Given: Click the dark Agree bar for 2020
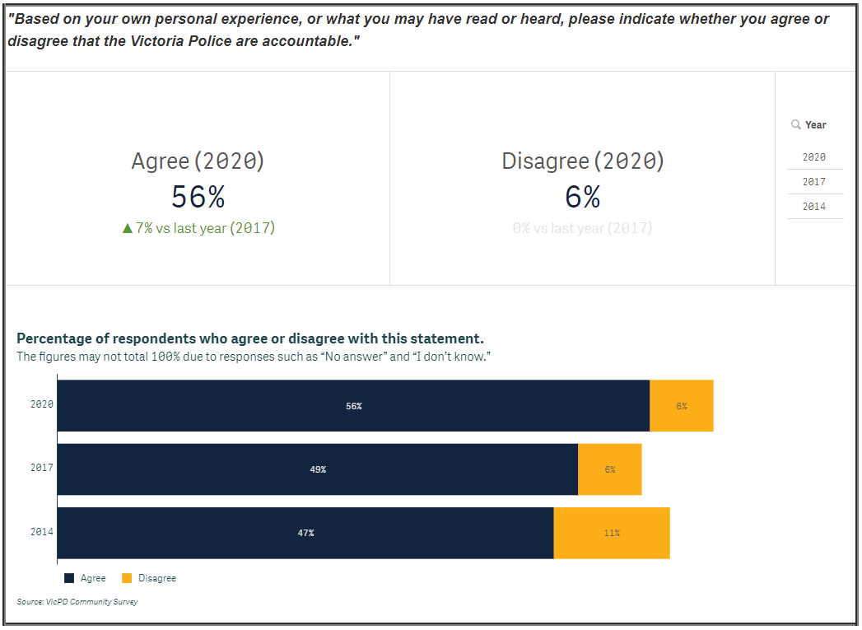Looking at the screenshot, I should [x=353, y=405].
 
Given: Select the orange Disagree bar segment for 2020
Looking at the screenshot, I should [x=681, y=405].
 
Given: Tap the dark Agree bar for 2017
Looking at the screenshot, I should [x=317, y=469].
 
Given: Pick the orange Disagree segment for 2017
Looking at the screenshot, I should [x=609, y=469].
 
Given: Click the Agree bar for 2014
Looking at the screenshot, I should [x=305, y=532].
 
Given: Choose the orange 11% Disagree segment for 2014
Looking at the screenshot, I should [x=611, y=532].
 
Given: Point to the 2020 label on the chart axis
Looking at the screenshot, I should [x=42, y=404].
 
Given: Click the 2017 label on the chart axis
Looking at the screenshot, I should [x=42, y=468].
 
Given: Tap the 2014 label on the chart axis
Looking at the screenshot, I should [x=42, y=532].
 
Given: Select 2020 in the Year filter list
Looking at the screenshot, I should [x=813, y=156].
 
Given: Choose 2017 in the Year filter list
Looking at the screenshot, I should [x=813, y=181].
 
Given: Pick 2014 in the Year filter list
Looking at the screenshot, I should [x=813, y=206].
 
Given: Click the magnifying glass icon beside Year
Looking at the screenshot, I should [x=795, y=124].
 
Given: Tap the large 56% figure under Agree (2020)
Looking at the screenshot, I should [x=198, y=197].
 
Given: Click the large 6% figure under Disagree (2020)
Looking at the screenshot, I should [x=582, y=197].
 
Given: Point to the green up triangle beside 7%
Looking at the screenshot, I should [x=128, y=228].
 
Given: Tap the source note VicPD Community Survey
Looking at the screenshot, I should [x=77, y=602].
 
